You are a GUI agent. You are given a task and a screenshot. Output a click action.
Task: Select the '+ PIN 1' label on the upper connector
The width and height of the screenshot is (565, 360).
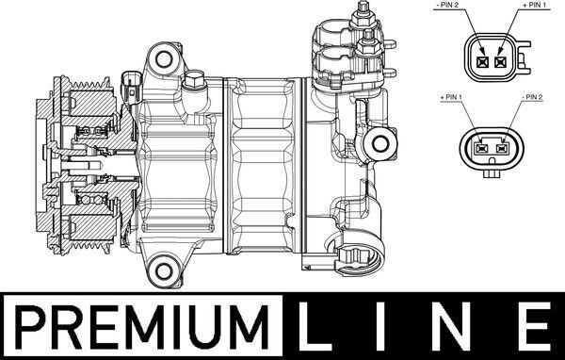[533, 7]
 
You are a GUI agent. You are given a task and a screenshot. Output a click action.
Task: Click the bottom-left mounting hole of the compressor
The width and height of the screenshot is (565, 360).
[166, 267]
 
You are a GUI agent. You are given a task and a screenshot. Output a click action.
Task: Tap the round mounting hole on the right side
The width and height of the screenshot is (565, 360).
[382, 145]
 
